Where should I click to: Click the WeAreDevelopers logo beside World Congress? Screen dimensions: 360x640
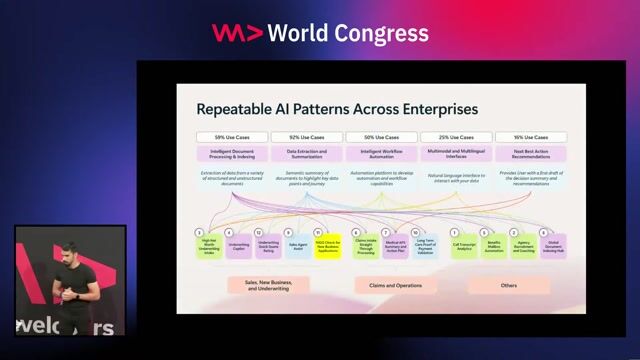pos(237,32)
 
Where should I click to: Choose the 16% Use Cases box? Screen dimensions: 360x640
pos(531,137)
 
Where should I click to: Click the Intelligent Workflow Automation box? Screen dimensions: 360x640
pos(381,155)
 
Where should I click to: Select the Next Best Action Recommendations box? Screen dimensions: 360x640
pos(531,155)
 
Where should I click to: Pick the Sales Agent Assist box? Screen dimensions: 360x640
pos(298,246)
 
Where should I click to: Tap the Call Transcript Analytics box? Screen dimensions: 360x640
pos(464,247)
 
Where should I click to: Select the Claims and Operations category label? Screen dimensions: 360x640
pos(395,285)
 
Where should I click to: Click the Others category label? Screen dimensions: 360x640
pos(509,285)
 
